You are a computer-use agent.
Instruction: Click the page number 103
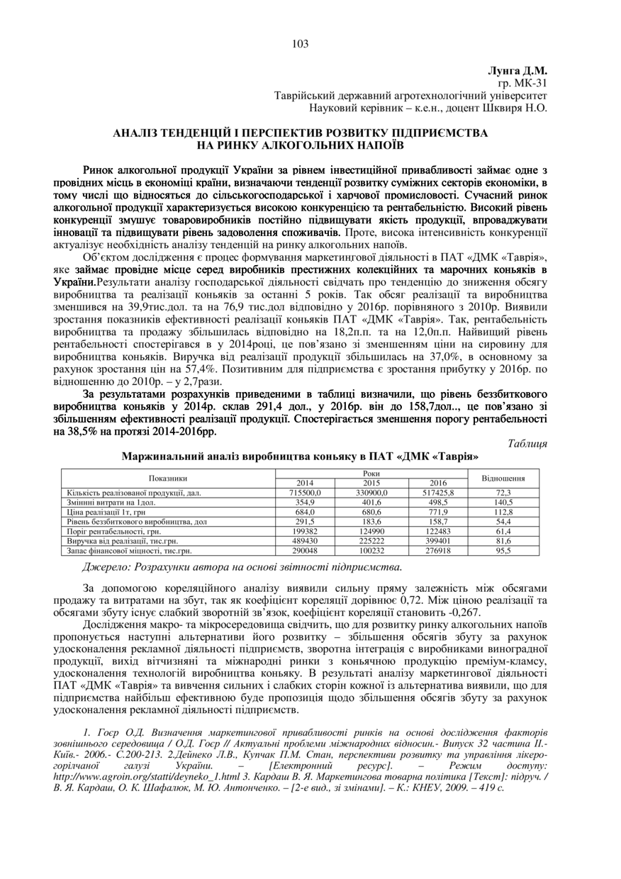300,44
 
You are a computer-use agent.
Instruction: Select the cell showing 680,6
369,512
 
